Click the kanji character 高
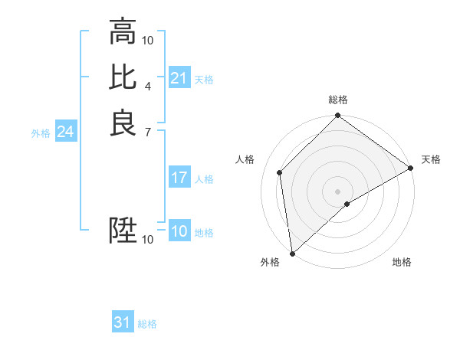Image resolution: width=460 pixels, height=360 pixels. click(123, 32)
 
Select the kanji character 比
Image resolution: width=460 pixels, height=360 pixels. click(123, 77)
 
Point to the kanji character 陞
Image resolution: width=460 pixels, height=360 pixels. click(123, 231)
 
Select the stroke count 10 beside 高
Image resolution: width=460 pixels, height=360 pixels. click(148, 40)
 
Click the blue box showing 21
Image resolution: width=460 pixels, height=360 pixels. click(179, 78)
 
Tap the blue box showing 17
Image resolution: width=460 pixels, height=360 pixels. click(179, 178)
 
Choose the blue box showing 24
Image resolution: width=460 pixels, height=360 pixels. click(65, 133)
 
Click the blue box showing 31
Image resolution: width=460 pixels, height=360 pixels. click(122, 323)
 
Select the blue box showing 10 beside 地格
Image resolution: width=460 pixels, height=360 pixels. click(179, 232)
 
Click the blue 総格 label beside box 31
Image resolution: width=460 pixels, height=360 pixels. click(147, 324)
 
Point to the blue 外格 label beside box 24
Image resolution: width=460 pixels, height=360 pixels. click(41, 133)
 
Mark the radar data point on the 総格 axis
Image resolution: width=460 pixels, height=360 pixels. click(337, 117)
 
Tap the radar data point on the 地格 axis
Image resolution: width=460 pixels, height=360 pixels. click(347, 204)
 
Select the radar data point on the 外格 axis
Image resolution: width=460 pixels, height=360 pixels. click(292, 253)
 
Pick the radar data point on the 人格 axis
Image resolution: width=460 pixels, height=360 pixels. click(280, 172)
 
